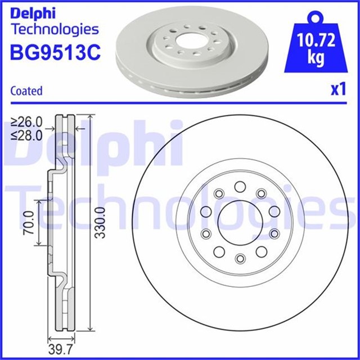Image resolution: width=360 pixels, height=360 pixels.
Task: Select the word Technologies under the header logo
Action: pyautogui.click(x=55, y=30)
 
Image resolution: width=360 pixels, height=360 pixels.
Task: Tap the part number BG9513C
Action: pyautogui.click(x=55, y=53)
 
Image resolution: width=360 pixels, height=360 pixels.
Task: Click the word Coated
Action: pyautogui.click(x=27, y=91)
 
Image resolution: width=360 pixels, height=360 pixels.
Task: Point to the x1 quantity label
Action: pyautogui.click(x=337, y=90)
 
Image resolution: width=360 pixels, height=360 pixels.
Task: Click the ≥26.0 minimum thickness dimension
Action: pyautogui.click(x=27, y=121)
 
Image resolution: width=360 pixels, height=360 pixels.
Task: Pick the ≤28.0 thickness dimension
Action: pyautogui.click(x=27, y=135)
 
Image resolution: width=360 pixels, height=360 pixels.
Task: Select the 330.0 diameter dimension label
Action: pyautogui.click(x=100, y=223)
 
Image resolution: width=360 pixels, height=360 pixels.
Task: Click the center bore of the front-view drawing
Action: pyautogui.click(x=240, y=222)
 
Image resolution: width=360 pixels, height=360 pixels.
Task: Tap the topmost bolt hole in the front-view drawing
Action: pyautogui.click(x=240, y=186)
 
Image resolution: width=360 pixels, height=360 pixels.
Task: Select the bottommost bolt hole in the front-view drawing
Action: pyautogui.click(x=240, y=258)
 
